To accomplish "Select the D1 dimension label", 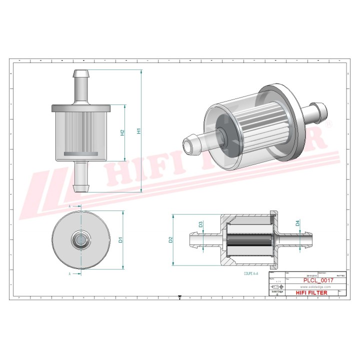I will tap(120, 239).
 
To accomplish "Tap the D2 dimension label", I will tap(170, 239).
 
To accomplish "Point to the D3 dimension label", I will tap(200, 224).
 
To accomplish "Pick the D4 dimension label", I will tap(297, 223).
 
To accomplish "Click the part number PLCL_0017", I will tap(318, 281).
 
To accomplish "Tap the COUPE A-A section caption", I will tap(251, 274).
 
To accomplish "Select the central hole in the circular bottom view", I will tap(80, 239).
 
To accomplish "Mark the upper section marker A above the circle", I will tap(69, 205).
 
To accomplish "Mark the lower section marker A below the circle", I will tap(69, 274).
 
